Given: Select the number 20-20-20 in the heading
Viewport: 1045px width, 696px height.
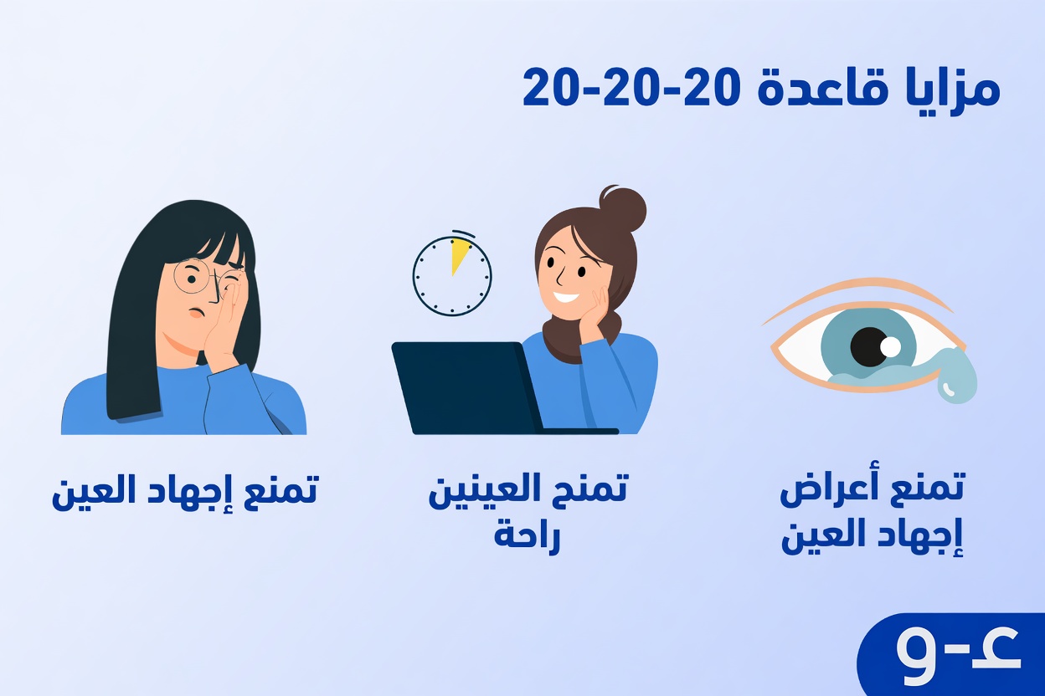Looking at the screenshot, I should [629, 87].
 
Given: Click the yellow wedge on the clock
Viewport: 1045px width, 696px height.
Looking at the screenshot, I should [459, 254].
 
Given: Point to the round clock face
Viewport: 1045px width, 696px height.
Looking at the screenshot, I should [451, 277].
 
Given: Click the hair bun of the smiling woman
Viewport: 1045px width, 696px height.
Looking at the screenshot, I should [623, 209].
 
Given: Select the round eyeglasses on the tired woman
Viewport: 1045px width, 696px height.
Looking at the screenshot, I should [194, 276].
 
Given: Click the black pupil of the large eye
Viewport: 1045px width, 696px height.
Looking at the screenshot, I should [871, 346].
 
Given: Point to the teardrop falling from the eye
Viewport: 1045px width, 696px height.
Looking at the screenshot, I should [957, 381].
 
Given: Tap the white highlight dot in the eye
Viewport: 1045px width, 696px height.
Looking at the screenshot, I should [890, 345].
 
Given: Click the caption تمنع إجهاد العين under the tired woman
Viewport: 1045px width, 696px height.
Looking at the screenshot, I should [185, 491].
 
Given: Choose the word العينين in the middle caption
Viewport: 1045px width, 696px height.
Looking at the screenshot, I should [481, 491].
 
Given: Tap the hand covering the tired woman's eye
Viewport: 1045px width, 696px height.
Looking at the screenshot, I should [226, 322].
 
